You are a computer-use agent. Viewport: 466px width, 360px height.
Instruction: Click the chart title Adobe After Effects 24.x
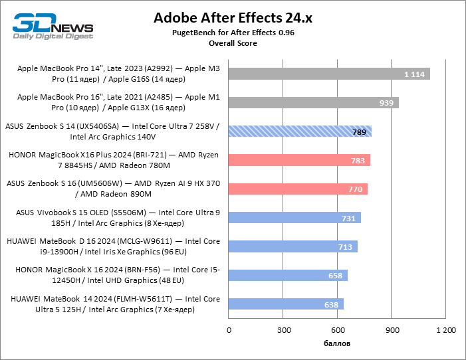pyautogui.click(x=233, y=17)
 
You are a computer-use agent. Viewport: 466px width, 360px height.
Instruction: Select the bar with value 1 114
pyautogui.click(x=329, y=74)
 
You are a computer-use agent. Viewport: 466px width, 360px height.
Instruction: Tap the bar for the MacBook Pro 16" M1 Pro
pyautogui.click(x=313, y=102)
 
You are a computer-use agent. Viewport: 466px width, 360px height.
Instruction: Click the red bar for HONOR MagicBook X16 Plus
pyautogui.click(x=299, y=160)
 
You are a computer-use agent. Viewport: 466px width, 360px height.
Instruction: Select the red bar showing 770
pyautogui.click(x=298, y=189)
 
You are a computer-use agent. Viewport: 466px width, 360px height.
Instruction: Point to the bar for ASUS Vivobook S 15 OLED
pyautogui.click(x=294, y=218)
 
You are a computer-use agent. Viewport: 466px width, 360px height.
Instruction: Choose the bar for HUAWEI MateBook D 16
pyautogui.click(x=293, y=247)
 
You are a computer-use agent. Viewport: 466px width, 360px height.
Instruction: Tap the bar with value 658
pyautogui.click(x=288, y=275)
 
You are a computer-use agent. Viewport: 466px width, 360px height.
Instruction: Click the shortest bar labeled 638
pyautogui.click(x=286, y=304)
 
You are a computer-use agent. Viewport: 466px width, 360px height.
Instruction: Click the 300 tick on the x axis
pyautogui.click(x=284, y=329)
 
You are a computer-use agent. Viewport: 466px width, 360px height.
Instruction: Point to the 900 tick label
pyautogui.click(x=392, y=329)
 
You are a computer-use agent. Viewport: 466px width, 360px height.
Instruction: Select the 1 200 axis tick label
pyautogui.click(x=445, y=329)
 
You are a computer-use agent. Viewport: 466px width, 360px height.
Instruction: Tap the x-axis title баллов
pyautogui.click(x=337, y=343)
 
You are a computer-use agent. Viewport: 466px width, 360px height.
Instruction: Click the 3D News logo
pyautogui.click(x=50, y=25)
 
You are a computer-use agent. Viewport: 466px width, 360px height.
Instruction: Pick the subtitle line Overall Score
pyautogui.click(x=233, y=43)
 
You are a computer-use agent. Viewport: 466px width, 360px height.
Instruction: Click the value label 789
pyautogui.click(x=360, y=132)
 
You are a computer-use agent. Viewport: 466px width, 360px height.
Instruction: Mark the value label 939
pyautogui.click(x=387, y=103)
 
